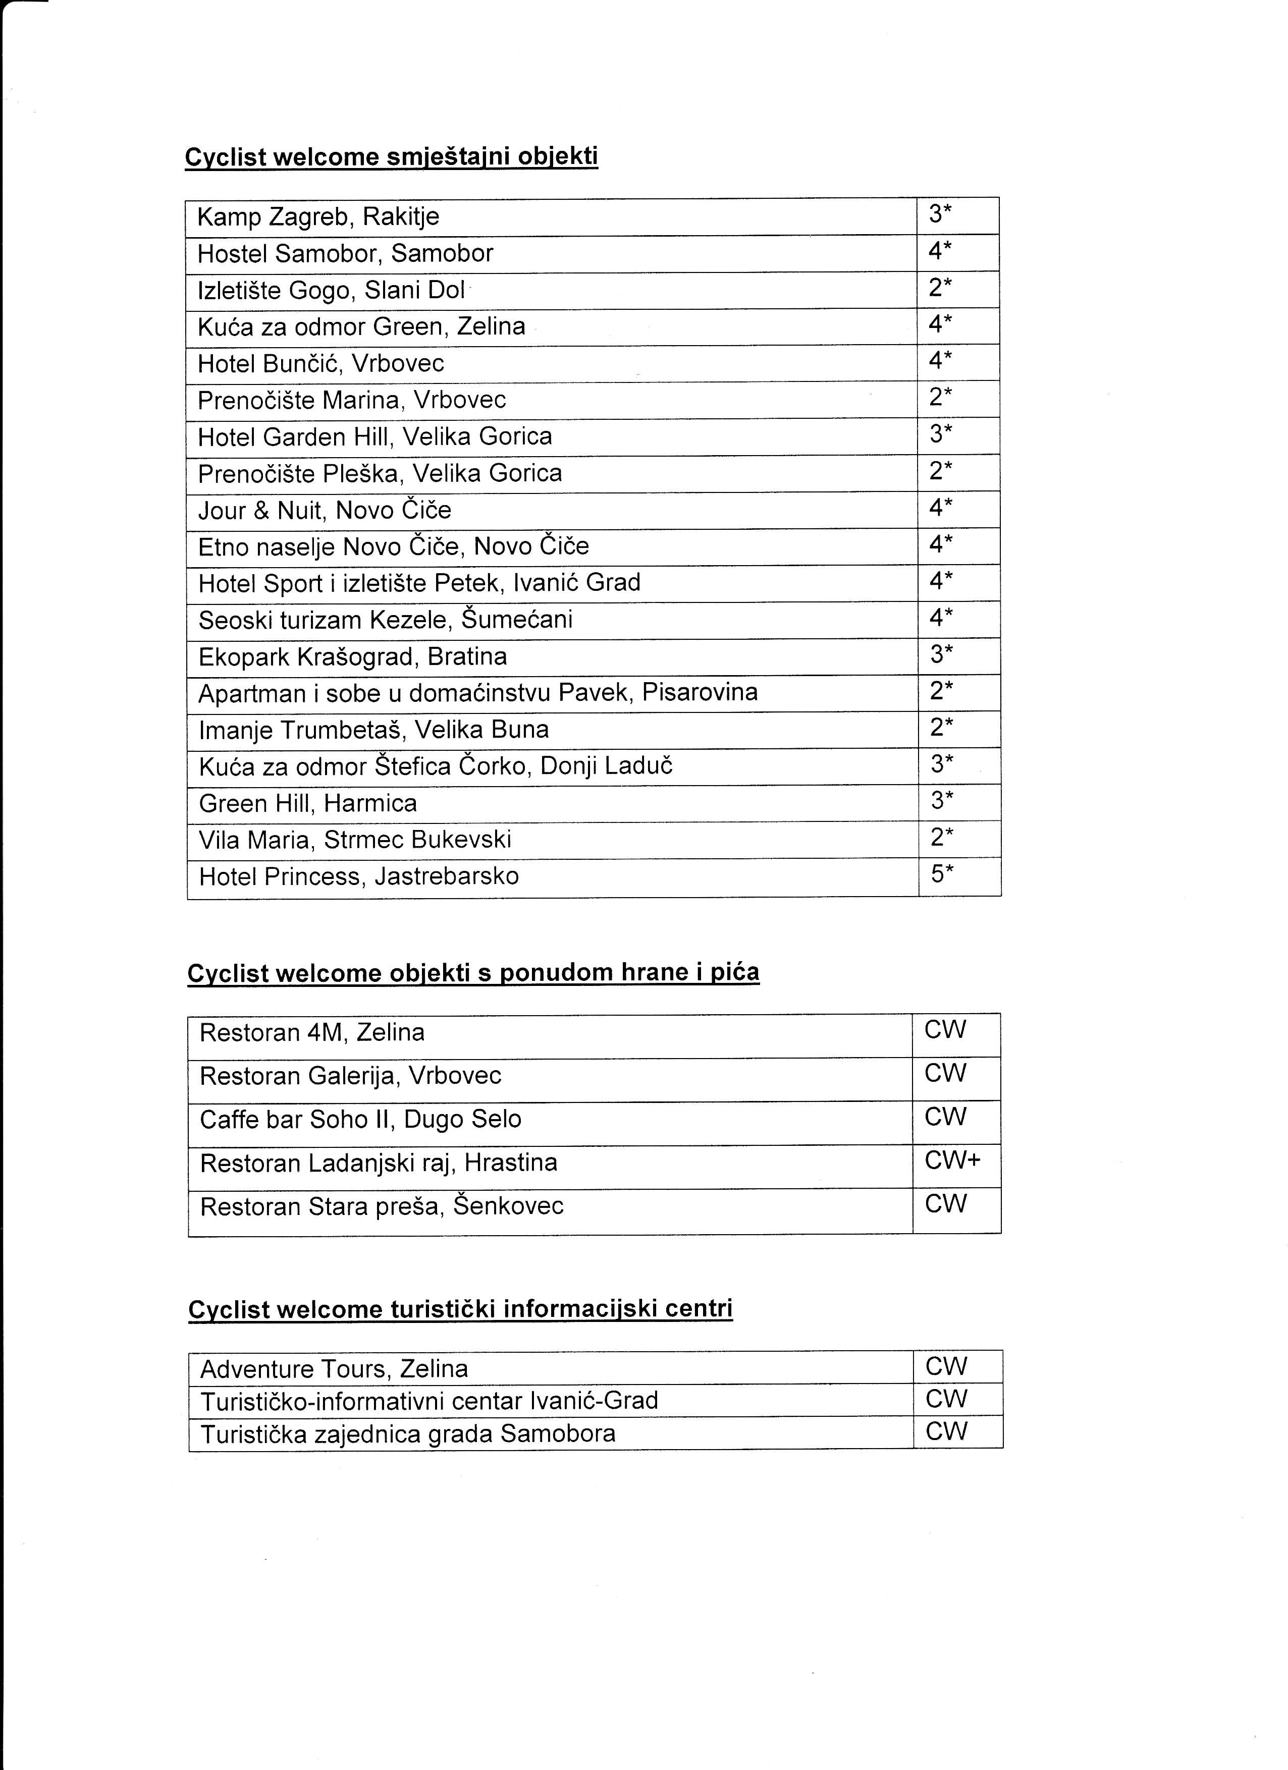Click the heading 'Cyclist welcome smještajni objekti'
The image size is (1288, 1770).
pyautogui.click(x=391, y=157)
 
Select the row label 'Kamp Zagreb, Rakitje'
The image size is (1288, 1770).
pyautogui.click(x=317, y=216)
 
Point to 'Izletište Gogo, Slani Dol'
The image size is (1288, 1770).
pyautogui.click(x=331, y=290)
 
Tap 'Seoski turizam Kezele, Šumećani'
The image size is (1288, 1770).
pyautogui.click(x=386, y=620)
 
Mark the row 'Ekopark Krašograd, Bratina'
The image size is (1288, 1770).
pyautogui.click(x=353, y=657)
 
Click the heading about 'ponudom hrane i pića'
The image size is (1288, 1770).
pyautogui.click(x=473, y=973)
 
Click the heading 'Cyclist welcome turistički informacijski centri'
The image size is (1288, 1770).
pyautogui.click(x=461, y=1309)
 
